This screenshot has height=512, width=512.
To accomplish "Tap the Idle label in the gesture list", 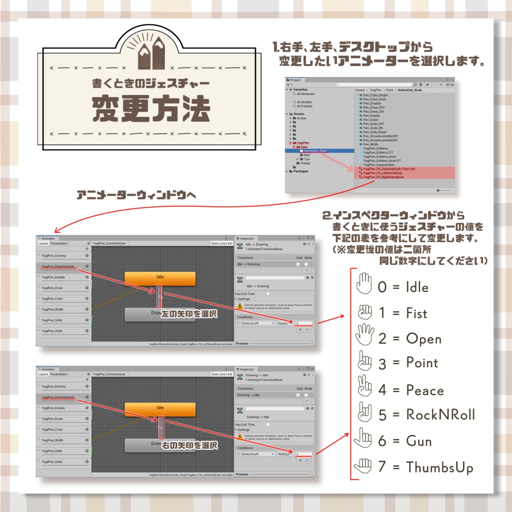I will tap(417, 287).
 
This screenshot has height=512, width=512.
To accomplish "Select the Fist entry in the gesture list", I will tap(416, 313).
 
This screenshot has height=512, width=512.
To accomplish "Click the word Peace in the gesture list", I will tap(424, 390).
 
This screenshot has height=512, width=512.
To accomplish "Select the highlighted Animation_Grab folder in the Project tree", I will tap(315, 150).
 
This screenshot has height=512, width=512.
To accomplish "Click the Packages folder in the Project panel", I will tap(300, 171).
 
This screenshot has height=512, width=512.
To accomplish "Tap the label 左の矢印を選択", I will tap(188, 314).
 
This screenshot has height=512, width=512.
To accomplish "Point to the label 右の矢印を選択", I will tap(189, 445).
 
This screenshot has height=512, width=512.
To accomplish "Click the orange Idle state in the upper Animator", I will tap(159, 277).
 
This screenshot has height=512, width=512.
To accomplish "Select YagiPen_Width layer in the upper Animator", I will tap(52, 309).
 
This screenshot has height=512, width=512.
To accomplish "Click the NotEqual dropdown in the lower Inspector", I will tap(285, 454).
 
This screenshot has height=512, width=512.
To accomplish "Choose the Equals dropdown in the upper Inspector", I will tap(284, 323).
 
